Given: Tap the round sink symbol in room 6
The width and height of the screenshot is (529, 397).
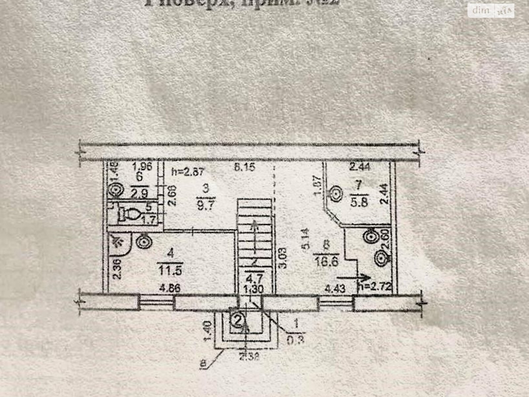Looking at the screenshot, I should tap(116, 191).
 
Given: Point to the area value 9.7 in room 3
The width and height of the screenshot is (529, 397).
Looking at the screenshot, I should tap(206, 204).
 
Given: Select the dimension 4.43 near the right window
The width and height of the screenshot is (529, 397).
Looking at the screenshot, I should tap(335, 288).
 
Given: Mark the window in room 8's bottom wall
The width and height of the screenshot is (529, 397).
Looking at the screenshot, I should tap(335, 303).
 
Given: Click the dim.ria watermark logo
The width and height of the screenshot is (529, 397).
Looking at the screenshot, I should tap(491, 11).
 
